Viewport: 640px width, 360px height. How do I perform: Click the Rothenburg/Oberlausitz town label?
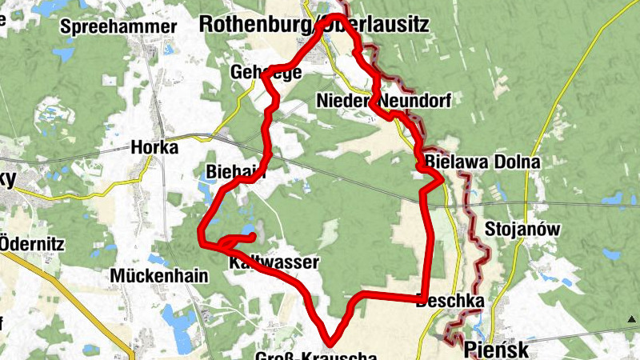(x=314, y=24)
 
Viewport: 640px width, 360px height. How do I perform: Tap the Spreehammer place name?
(x=118, y=26)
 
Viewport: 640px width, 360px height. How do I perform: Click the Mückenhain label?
(x=160, y=276)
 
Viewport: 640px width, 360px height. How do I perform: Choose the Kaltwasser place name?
(x=274, y=262)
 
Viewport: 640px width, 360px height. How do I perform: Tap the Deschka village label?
(x=450, y=302)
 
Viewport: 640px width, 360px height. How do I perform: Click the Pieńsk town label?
(x=496, y=350)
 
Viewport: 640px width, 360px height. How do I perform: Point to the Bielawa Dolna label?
(x=483, y=162)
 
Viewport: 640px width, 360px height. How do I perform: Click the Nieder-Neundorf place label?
(x=384, y=102)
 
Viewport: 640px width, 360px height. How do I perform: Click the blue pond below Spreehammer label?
(x=62, y=55)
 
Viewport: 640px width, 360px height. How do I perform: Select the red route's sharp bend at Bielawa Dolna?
(x=441, y=181)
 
